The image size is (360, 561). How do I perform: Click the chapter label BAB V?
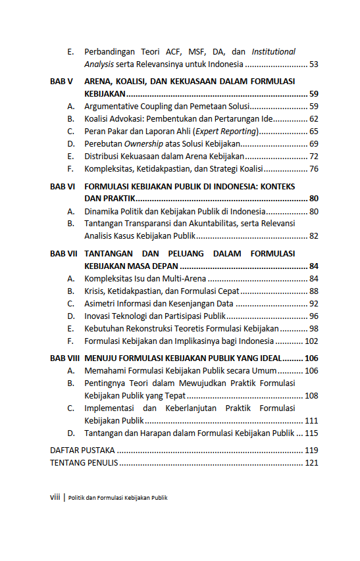pyautogui.click(x=61, y=81)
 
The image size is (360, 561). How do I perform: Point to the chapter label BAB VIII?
pyautogui.click(x=64, y=358)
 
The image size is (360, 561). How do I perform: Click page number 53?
pyautogui.click(x=313, y=64)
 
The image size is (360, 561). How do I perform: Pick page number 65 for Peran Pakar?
pyautogui.click(x=313, y=132)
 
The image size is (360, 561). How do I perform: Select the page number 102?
pyautogui.click(x=311, y=341)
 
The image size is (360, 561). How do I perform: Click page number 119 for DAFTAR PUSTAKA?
pyautogui.click(x=311, y=451)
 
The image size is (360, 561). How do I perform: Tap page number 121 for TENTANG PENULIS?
pyautogui.click(x=311, y=463)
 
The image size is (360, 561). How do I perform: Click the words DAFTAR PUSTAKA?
pyautogui.click(x=82, y=451)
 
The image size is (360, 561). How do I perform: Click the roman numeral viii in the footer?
pyautogui.click(x=55, y=497)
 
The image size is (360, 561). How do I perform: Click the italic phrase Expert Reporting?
pyautogui.click(x=223, y=132)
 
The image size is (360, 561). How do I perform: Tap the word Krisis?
pyautogui.click(x=95, y=291)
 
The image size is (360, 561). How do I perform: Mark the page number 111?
pyautogui.click(x=311, y=421)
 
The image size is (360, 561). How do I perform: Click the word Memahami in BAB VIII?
pyautogui.click(x=105, y=371)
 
